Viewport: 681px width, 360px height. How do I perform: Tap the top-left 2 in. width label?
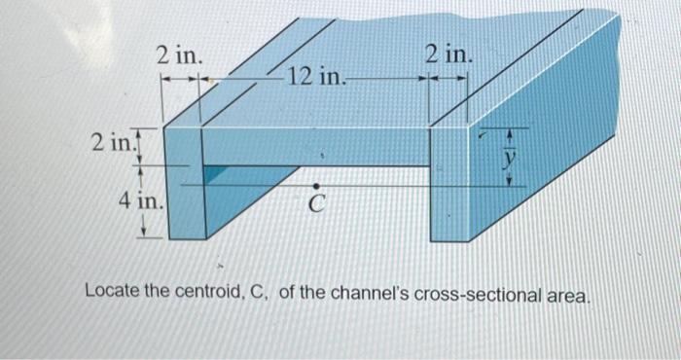pos(180,55)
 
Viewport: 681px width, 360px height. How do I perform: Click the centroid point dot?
pos(315,183)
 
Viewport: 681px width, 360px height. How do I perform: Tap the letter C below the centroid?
pos(315,205)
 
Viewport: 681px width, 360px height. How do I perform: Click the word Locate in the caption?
pos(116,291)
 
